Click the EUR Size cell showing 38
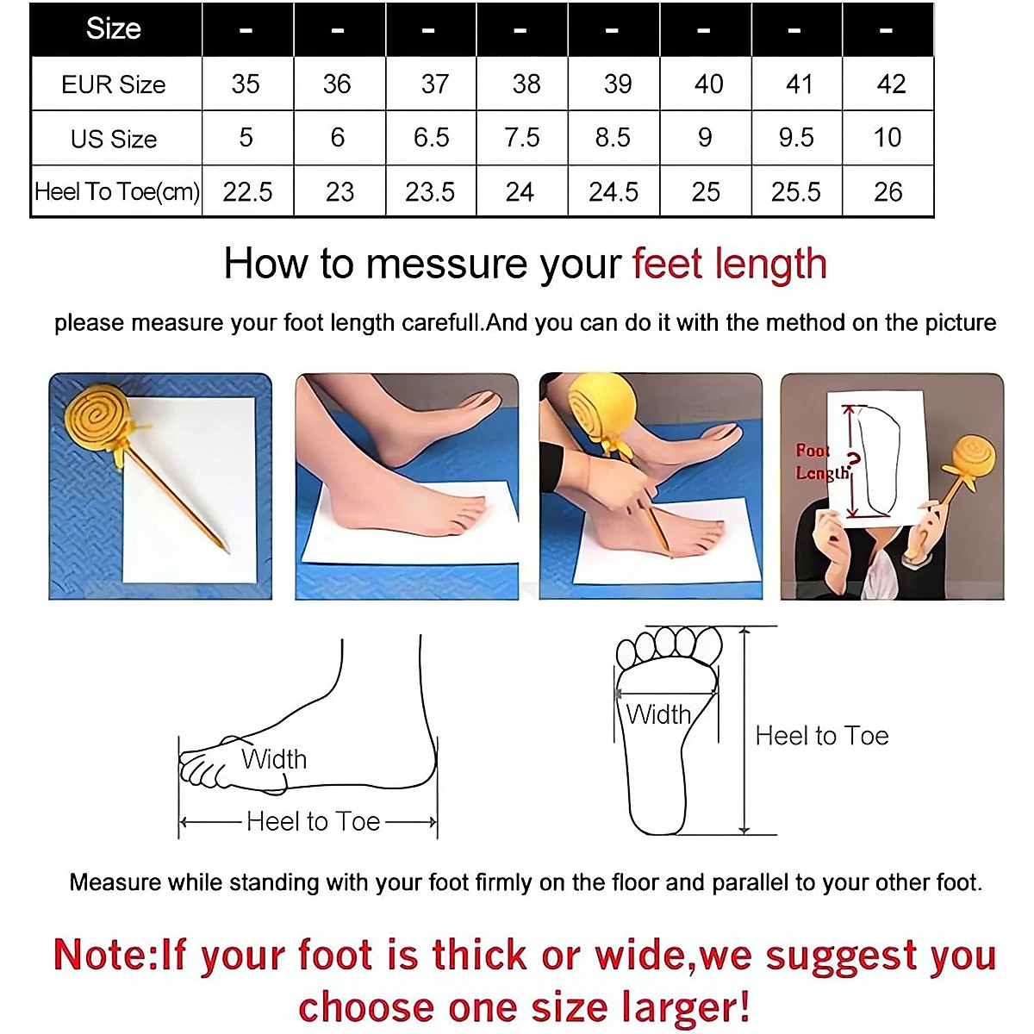click(526, 84)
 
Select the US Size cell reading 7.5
click(522, 138)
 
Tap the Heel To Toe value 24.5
click(614, 192)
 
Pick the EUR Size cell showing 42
click(891, 84)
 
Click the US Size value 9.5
click(796, 138)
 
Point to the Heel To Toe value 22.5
click(247, 192)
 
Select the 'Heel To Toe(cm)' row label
click(116, 191)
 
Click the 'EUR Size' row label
click(114, 84)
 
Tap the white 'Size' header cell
click(114, 29)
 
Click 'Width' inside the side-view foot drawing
click(274, 759)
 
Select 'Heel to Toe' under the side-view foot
click(313, 821)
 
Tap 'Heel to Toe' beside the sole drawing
click(821, 736)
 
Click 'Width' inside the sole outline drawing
click(658, 714)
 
